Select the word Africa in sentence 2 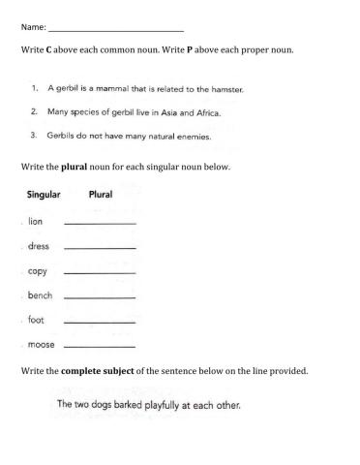(205, 112)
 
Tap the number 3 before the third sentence (35, 136)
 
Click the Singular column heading (44, 195)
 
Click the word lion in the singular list (36, 222)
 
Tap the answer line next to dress (99, 249)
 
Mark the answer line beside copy (99, 273)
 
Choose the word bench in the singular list (41, 295)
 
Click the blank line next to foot (99, 322)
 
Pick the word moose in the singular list (42, 344)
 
